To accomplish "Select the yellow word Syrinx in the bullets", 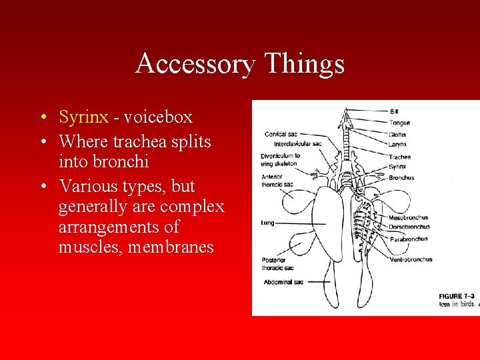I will (83, 117).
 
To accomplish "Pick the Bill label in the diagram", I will (394, 111).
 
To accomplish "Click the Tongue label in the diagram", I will (400, 123).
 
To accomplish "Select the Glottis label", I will (398, 135).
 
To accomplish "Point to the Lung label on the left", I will (267, 223).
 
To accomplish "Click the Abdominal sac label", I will (283, 282).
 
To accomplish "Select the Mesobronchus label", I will (409, 217).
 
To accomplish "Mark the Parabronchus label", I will (409, 239).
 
